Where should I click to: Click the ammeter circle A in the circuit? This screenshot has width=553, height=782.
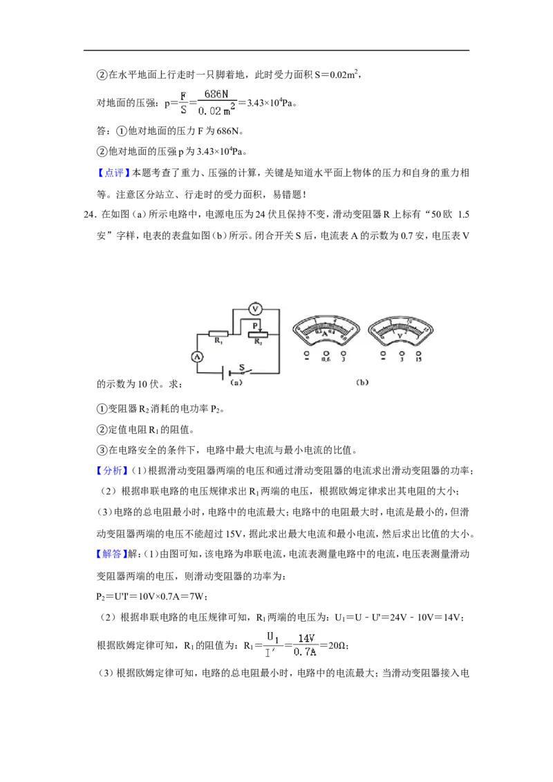197,356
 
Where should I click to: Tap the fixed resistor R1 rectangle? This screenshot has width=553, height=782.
218,334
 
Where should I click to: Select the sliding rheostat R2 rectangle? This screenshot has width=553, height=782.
258,334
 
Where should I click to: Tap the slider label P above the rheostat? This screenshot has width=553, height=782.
255,325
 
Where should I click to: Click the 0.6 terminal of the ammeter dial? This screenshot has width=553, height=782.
326,356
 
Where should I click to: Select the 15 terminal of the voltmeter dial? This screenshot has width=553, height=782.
418,356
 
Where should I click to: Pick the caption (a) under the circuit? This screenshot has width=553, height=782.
236,383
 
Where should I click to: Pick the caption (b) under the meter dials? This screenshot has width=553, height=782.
362,382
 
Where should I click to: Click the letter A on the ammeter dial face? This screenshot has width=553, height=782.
324,333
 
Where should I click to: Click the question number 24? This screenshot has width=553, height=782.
90,214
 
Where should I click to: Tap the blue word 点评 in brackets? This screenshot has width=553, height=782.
113,173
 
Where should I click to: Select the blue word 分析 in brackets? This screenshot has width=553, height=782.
112,470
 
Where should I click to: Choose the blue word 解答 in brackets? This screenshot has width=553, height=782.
112,554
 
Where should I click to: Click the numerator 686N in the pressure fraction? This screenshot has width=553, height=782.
216,94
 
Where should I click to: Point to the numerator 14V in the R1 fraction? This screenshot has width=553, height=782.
306,638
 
